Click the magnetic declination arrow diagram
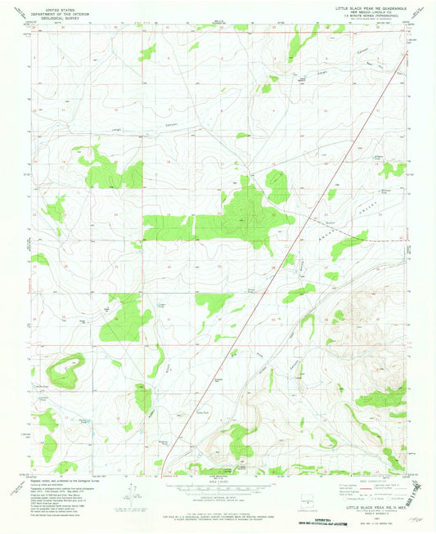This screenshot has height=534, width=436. pyautogui.click(x=128, y=493)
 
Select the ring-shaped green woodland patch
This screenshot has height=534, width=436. pyautogui.click(x=65, y=371)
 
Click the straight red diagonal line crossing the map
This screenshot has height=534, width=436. pyautogui.click(x=278, y=270)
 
